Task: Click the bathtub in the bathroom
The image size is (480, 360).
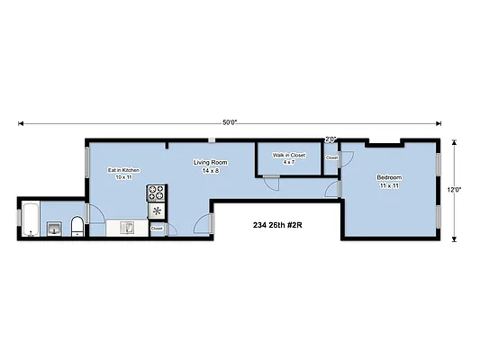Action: point(30,220)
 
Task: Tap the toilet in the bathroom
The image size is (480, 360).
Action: point(77,225)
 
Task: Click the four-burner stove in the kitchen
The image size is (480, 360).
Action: point(157,192)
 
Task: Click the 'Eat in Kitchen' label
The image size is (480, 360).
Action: point(123,170)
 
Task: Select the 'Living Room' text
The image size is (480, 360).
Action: point(210,163)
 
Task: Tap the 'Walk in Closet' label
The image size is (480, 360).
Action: point(288,155)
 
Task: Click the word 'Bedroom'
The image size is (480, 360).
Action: point(389,177)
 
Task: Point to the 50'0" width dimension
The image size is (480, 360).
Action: point(230,122)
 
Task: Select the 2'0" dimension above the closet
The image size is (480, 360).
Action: point(331,139)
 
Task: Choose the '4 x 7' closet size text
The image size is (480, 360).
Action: point(288,162)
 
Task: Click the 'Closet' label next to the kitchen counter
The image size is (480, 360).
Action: point(157,229)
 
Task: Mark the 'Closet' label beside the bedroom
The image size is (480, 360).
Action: point(331,157)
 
